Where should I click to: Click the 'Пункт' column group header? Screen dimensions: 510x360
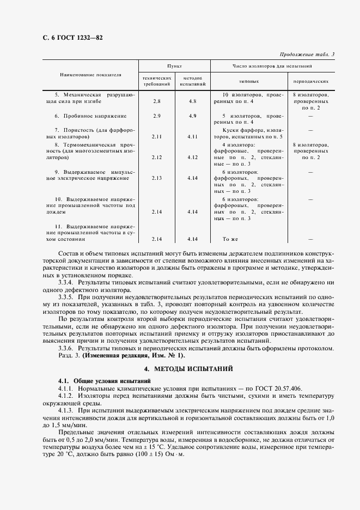click(174, 65)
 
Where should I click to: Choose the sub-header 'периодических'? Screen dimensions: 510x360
click(310, 80)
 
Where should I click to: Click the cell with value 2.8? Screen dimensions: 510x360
click(157, 101)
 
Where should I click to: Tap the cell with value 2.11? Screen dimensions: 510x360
click(157, 137)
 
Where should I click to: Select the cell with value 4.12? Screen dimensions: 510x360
click(192, 157)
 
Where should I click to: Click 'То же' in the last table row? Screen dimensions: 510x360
click(231, 239)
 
